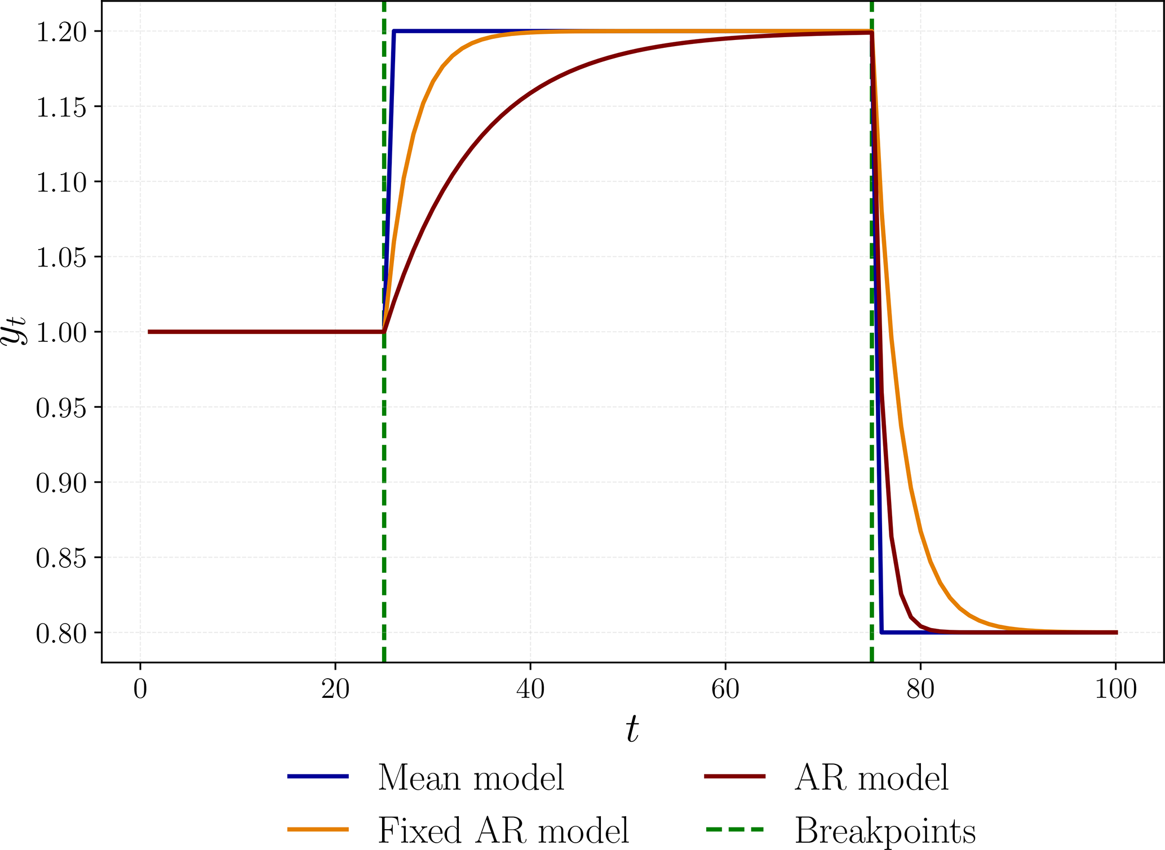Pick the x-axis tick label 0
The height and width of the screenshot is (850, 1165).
point(140,689)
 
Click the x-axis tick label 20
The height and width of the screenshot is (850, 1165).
point(335,689)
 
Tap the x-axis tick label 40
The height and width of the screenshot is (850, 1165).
point(530,689)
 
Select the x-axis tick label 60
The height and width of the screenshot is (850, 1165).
point(725,689)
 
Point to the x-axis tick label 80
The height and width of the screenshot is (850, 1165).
point(920,689)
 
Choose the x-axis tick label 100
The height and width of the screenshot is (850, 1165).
point(1115,689)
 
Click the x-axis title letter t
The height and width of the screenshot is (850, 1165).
point(632,730)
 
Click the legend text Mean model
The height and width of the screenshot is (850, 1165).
point(471,778)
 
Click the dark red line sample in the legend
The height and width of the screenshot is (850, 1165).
point(734,777)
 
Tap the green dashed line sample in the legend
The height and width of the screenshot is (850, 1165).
point(734,829)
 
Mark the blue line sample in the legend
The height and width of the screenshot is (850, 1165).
point(318,777)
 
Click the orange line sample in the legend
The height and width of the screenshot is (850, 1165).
point(318,829)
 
